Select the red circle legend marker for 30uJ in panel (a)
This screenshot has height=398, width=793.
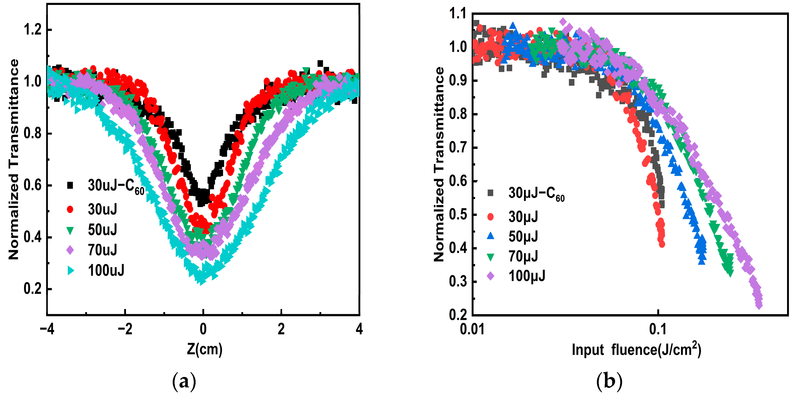[70, 209]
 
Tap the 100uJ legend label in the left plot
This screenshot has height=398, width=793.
[106, 270]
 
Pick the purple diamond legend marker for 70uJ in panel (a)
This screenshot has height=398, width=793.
[70, 250]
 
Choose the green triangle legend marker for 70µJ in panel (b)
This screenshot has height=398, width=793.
[491, 257]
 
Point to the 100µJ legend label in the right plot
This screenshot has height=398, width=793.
[527, 276]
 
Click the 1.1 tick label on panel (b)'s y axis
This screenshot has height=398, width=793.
[458, 14]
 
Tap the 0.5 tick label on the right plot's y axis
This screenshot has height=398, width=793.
[458, 215]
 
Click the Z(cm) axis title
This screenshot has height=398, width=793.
[204, 349]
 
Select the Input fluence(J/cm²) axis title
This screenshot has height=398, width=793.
[636, 350]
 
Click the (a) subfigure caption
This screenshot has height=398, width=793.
[184, 382]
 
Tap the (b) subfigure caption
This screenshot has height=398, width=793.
[609, 382]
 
